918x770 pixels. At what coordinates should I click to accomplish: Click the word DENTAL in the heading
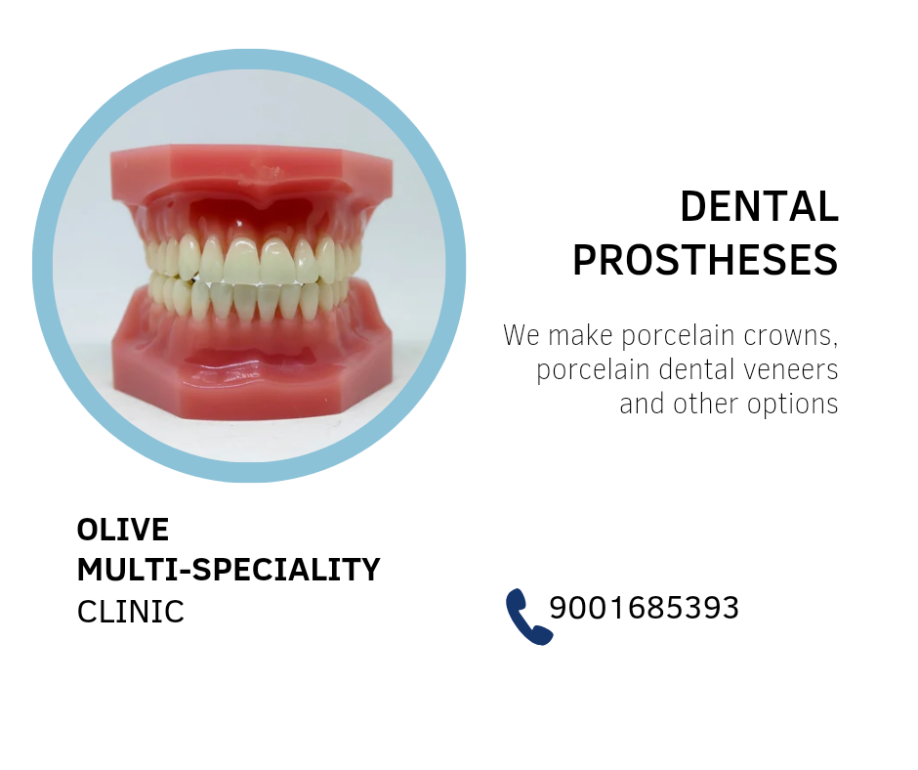(759, 207)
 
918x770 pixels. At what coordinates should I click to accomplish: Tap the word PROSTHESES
(705, 260)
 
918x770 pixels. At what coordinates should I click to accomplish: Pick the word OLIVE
(123, 530)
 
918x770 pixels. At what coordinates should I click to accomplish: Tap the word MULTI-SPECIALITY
(229, 570)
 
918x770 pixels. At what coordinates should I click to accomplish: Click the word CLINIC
(131, 611)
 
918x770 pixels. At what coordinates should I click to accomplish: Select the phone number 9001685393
(644, 608)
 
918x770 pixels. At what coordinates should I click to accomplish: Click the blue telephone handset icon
(527, 618)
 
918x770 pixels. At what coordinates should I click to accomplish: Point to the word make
(581, 336)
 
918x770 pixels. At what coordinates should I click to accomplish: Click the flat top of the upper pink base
(252, 158)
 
